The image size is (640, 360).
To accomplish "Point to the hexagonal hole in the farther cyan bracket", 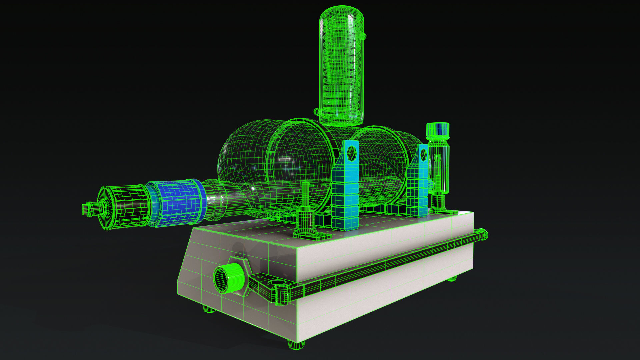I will coord(423,155).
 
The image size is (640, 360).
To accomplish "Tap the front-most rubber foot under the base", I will coord(296,344).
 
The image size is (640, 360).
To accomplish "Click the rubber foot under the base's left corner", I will coord(209,309).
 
